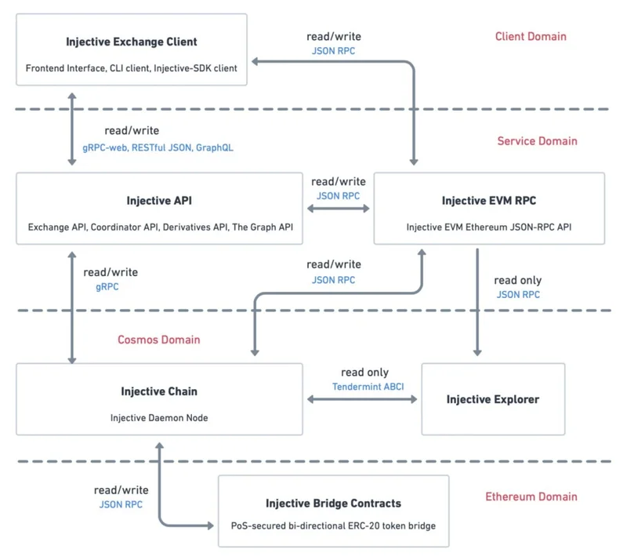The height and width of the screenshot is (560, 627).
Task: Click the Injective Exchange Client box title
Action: click(x=132, y=42)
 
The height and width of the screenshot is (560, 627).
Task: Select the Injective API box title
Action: click(x=159, y=201)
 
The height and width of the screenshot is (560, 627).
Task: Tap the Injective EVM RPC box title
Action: click(x=489, y=201)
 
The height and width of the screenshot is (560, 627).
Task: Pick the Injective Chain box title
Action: click(x=159, y=391)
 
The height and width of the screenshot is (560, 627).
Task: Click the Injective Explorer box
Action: click(x=493, y=399)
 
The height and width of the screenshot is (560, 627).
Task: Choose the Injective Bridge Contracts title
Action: click(x=333, y=503)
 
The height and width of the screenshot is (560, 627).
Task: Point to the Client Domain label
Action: click(x=531, y=36)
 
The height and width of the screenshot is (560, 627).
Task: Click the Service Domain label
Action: click(x=537, y=141)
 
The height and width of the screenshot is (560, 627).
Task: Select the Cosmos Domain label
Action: click(x=159, y=340)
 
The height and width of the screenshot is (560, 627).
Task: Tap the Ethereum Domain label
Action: click(x=531, y=496)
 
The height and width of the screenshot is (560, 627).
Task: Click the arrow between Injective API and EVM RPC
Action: click(x=339, y=209)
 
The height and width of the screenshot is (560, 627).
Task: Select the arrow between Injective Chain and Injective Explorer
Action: click(x=362, y=400)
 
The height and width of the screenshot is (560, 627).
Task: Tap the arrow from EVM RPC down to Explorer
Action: click(x=477, y=306)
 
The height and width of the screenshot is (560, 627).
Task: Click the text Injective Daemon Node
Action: click(x=159, y=418)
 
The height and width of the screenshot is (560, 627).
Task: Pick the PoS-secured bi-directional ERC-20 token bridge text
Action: click(x=333, y=525)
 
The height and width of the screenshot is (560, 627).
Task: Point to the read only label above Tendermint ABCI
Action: click(x=364, y=372)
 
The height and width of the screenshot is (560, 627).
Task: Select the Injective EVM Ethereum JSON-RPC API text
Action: click(x=489, y=227)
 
